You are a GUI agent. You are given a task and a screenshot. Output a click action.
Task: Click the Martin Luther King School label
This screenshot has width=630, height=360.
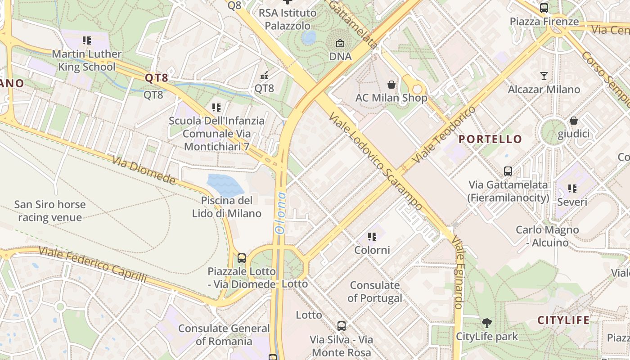87,60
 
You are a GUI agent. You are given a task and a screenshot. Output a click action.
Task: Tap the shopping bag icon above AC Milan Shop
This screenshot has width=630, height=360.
391,84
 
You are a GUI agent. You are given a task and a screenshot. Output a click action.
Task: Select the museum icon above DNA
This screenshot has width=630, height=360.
340,44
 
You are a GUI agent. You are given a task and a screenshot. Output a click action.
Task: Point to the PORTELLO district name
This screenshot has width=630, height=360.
490,139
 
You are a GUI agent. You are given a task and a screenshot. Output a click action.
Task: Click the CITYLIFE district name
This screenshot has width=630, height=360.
563,320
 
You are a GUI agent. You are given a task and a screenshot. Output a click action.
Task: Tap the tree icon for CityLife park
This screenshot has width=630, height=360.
486,323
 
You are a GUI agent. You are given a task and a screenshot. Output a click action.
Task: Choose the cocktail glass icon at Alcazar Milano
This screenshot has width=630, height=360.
544,76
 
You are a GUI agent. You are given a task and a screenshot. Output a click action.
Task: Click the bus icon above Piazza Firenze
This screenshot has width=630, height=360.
544,8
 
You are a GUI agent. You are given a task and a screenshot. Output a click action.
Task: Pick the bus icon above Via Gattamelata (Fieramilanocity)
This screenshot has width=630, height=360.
508,171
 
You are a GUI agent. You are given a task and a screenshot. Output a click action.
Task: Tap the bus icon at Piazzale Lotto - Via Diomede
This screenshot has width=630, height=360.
242,258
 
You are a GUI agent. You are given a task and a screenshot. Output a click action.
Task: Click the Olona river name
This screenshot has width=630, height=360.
280,212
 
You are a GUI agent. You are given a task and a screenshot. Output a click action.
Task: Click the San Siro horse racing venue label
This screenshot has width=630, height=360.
49,211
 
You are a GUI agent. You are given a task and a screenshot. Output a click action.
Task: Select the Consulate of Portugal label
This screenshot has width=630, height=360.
375,292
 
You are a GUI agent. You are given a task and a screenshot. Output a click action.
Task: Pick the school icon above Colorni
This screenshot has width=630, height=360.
372,236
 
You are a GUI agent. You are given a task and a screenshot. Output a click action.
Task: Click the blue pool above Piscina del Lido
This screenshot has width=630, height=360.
224,184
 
